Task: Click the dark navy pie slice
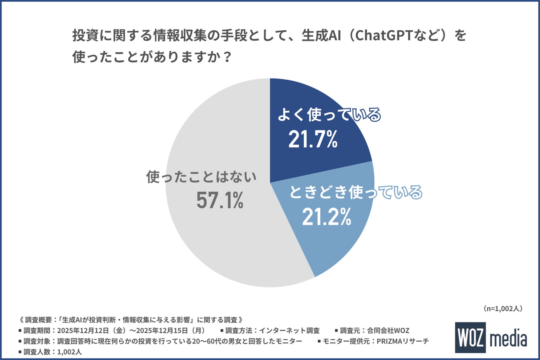tap(303, 160)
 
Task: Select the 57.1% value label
tap(220, 200)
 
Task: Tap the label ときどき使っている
tap(356, 192)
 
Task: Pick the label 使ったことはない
tap(201, 177)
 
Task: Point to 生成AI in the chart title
tap(321, 36)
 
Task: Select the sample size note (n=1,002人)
tap(503, 309)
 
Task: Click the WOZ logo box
tap(470, 338)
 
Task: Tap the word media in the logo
tap(509, 339)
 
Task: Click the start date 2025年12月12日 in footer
tap(83, 331)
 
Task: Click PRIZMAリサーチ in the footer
tap(403, 341)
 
